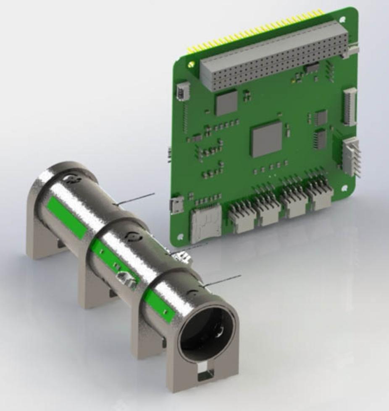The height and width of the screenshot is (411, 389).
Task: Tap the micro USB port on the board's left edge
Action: point(176,205)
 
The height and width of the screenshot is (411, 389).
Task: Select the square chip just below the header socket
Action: point(226,102)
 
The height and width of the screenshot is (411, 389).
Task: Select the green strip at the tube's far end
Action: point(66,218)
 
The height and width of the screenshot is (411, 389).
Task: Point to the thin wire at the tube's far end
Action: point(136,199)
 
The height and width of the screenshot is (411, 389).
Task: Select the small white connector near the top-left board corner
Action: point(183,91)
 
